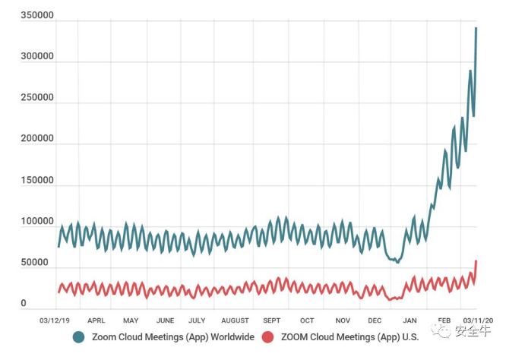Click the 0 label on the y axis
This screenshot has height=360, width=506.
click(24, 304)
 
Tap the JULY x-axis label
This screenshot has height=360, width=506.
click(197, 321)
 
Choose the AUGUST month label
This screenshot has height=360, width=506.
click(235, 321)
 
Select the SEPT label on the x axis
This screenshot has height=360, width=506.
click(272, 321)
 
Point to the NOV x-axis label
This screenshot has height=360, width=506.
click(343, 321)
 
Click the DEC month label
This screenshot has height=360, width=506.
click(375, 321)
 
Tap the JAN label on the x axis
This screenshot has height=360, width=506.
click(410, 321)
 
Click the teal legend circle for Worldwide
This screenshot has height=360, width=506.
click(79, 336)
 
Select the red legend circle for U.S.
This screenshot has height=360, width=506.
click(267, 336)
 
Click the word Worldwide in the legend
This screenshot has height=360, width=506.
click(226, 336)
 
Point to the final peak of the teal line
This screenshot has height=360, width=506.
click(476, 28)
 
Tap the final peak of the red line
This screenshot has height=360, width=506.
click(476, 261)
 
